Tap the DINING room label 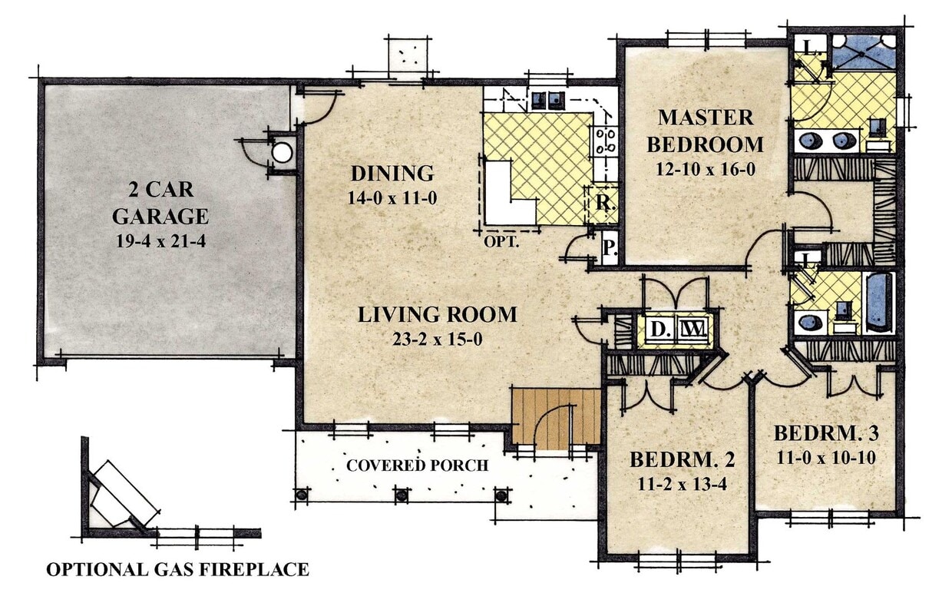point(392,173)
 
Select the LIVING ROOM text point(437,314)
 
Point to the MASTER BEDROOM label point(705,131)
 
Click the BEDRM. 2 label point(682,460)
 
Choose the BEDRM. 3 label point(825,432)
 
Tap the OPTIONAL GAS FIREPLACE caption point(177,569)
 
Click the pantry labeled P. point(608,247)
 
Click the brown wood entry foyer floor point(556,419)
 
